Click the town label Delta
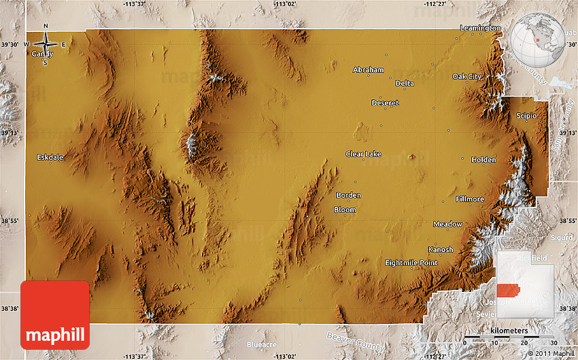click(x=405, y=84)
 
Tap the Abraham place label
click(x=369, y=70)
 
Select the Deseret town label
click(x=385, y=103)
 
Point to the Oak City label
click(x=467, y=76)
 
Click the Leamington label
click(x=480, y=28)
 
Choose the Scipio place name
click(x=526, y=116)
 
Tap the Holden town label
click(x=483, y=160)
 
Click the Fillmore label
click(x=470, y=199)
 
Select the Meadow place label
click(x=447, y=224)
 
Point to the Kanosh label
click(x=440, y=249)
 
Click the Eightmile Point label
click(x=411, y=262)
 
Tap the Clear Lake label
click(x=363, y=154)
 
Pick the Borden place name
click(x=348, y=195)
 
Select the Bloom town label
click(x=345, y=210)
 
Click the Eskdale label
click(x=50, y=157)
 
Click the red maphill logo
click(x=55, y=315)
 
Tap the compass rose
click(x=46, y=45)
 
